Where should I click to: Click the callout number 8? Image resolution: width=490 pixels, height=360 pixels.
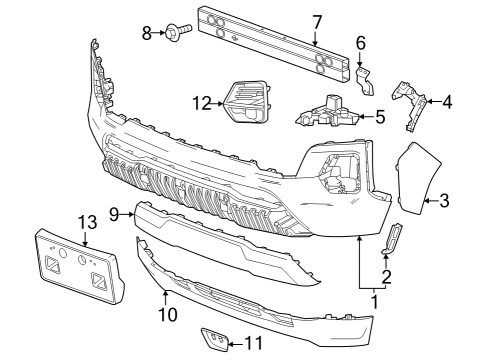click(x=146, y=33)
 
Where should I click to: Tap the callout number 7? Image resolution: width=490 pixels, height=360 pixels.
click(x=316, y=20)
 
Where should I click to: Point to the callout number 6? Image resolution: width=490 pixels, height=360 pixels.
click(x=361, y=43)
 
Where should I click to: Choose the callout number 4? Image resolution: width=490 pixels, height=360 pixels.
click(x=447, y=101)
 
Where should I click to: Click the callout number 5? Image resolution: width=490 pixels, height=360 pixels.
click(x=380, y=117)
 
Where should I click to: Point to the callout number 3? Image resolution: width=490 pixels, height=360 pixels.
click(x=445, y=201)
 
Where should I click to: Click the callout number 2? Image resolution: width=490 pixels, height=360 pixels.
click(x=386, y=275)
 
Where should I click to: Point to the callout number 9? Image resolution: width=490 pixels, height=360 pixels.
click(x=115, y=214)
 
